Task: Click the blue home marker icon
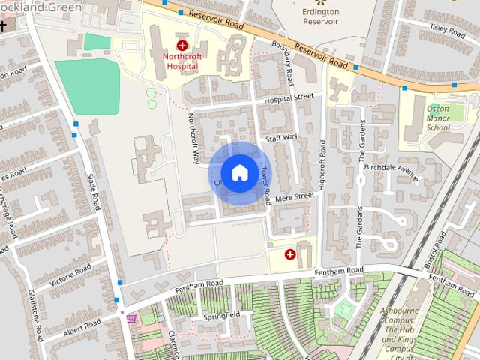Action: (239, 172)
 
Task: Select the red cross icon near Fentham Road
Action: (289, 255)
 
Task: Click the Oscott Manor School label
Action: (439, 118)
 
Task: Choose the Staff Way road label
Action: (281, 139)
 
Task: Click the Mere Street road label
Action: (294, 198)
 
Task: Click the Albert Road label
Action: (82, 328)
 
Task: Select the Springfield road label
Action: (222, 316)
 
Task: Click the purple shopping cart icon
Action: (132, 318)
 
